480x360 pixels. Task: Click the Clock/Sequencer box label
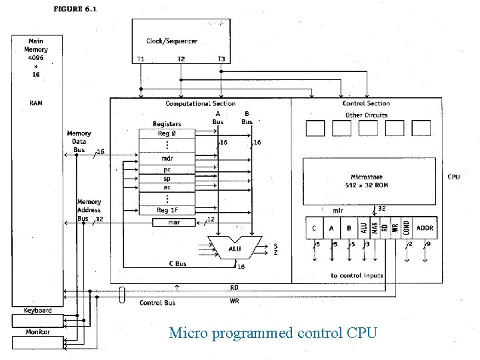pyautogui.click(x=172, y=41)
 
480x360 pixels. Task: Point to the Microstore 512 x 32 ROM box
pyautogui.click(x=371, y=181)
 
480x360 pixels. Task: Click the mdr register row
pyautogui.click(x=167, y=159)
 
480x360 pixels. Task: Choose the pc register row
pyautogui.click(x=167, y=170)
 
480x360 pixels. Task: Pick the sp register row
pyautogui.click(x=167, y=179)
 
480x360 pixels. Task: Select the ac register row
pyautogui.click(x=167, y=187)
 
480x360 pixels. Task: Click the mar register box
pyautogui.click(x=173, y=222)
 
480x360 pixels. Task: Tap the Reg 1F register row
pyautogui.click(x=167, y=211)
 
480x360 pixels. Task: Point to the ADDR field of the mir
pyautogui.click(x=424, y=228)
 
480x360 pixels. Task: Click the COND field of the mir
pyautogui.click(x=406, y=228)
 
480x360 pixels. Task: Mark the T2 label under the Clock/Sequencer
pyautogui.click(x=181, y=59)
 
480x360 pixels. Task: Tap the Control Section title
pyautogui.click(x=366, y=103)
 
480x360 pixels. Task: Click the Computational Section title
pyautogui.click(x=200, y=103)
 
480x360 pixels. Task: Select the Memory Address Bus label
pyautogui.click(x=89, y=210)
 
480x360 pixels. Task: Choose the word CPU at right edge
pyautogui.click(x=453, y=177)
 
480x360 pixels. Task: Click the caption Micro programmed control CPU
pyautogui.click(x=273, y=332)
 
